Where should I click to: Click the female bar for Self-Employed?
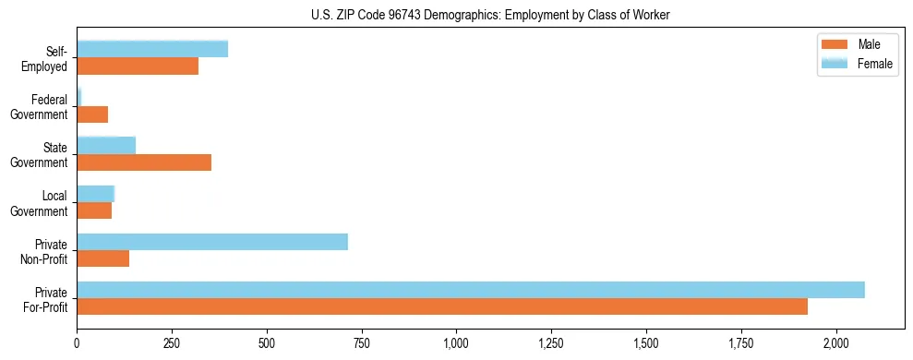tap(152, 50)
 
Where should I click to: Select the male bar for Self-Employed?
tap(138, 66)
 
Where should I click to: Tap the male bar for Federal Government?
tap(92, 114)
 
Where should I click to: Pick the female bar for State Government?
tap(106, 146)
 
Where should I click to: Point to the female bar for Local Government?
tap(95, 194)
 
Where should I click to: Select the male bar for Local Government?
tap(94, 210)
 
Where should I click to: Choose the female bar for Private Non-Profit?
tap(212, 242)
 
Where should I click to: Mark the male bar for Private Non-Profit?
tap(102, 258)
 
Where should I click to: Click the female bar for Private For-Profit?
tap(471, 290)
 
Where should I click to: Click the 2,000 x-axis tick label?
tap(835, 343)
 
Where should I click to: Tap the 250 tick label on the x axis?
tap(172, 343)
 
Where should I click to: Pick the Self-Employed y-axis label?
tap(49, 58)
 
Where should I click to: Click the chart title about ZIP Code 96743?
tap(490, 14)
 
